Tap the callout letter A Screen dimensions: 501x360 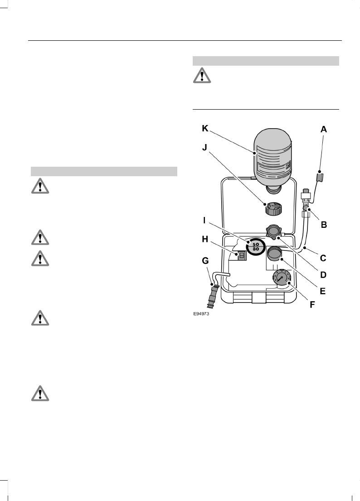point(324,129)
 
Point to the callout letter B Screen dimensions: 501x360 point(324,224)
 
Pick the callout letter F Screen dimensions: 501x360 point(312,304)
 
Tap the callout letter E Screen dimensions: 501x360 point(323,291)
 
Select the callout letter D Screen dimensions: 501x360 point(323,275)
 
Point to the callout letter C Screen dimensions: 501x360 point(323,258)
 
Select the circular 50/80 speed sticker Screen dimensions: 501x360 point(255,246)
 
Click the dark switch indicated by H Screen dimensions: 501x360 point(242,256)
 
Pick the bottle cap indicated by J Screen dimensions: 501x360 point(273,210)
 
